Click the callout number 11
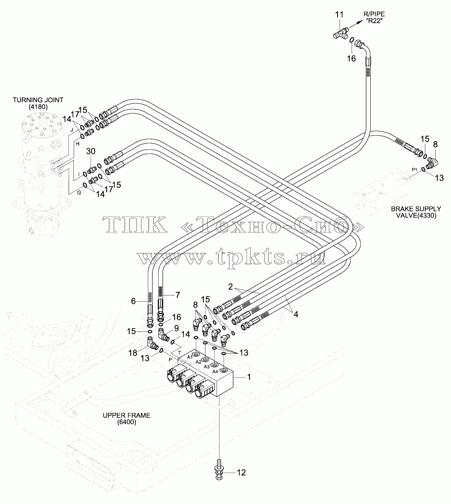click(339, 15)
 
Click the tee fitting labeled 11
click(341, 34)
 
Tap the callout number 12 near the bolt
click(241, 473)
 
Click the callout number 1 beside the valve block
click(249, 377)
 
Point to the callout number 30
click(91, 151)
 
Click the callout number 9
click(176, 329)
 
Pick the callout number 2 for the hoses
click(230, 287)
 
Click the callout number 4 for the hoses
click(296, 314)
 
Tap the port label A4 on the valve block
click(215, 372)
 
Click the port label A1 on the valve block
click(190, 357)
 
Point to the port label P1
click(415, 170)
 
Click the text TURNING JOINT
click(38, 100)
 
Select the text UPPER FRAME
click(126, 415)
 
